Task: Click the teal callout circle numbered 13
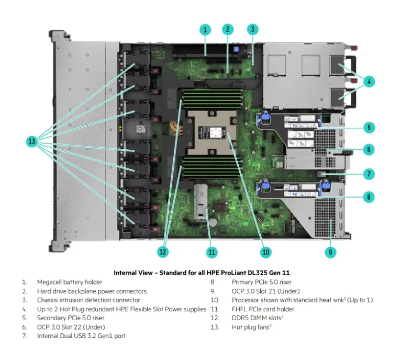pos(32,141)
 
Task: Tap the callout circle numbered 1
pos(205,29)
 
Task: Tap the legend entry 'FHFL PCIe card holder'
pos(263,309)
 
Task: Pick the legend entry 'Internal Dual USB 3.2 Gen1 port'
pos(81,336)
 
